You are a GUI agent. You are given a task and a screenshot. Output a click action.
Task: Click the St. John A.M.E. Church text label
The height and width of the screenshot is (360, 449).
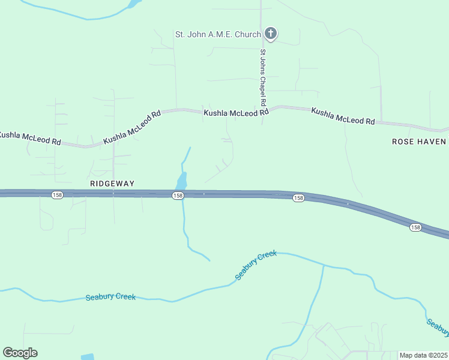(x=218, y=34)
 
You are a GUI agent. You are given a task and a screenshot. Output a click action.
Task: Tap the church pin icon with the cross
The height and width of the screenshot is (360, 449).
(x=271, y=34)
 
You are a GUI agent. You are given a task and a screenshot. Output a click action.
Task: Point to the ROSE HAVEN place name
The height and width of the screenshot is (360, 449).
(x=419, y=142)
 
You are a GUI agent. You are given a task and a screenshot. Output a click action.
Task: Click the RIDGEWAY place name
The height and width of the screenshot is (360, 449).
(x=112, y=183)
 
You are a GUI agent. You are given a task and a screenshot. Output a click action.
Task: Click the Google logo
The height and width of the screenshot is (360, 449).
(x=20, y=353)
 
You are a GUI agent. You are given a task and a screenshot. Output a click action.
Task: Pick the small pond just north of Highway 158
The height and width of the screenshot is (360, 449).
(x=181, y=180)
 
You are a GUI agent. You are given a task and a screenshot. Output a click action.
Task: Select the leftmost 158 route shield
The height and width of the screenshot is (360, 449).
(x=57, y=196)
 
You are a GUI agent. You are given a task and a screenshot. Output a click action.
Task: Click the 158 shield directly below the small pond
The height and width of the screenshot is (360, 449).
(x=177, y=196)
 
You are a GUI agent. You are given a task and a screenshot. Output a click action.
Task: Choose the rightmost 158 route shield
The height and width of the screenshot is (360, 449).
(x=415, y=227)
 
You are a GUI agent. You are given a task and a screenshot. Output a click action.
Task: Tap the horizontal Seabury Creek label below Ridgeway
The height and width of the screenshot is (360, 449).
(x=110, y=297)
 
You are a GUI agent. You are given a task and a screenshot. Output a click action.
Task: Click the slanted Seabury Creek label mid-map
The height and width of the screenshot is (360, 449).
(x=256, y=265)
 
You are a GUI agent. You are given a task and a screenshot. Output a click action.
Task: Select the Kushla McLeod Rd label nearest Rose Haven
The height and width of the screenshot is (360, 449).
(x=343, y=116)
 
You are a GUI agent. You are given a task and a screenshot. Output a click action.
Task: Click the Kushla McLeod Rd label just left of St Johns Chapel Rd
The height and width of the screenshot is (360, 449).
(x=235, y=113)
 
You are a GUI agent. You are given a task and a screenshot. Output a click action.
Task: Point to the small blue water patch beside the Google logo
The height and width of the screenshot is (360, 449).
(x=87, y=356)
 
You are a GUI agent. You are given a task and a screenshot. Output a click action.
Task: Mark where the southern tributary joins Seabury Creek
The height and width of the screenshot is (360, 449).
(x=323, y=266)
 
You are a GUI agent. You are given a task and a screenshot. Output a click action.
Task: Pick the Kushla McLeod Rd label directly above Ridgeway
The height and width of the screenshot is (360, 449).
(x=132, y=127)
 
